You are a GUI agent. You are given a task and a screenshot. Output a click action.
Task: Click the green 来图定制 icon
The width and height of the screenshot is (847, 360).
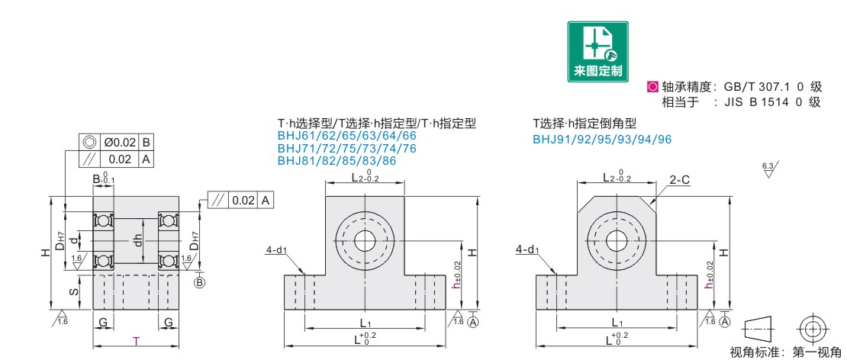(598, 52)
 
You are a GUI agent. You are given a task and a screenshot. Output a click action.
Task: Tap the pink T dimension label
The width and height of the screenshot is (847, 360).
(136, 341)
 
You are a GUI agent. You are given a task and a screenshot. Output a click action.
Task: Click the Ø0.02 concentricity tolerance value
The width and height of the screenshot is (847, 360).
(119, 143)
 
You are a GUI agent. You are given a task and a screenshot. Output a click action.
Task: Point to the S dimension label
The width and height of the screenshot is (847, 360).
(75, 291)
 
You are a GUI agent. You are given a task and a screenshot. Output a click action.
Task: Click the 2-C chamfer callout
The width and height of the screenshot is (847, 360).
(679, 181)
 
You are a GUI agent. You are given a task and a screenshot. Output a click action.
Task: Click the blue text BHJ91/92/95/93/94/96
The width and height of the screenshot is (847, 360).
(602, 140)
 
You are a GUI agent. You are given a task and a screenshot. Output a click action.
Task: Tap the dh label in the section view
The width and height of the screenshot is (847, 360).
(138, 241)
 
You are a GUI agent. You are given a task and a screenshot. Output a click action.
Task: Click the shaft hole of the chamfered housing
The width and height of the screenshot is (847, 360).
(615, 241)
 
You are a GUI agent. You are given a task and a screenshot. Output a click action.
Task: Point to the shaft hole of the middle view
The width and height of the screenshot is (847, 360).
(365, 241)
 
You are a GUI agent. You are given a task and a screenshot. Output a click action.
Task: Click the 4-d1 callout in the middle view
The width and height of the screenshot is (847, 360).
(275, 250)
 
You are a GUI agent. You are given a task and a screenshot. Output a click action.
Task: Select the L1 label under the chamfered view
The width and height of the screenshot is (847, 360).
(616, 322)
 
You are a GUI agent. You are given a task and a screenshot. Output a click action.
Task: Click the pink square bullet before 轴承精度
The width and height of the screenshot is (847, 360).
(652, 86)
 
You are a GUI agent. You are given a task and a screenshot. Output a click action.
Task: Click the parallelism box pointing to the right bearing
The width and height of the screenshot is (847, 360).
(241, 201)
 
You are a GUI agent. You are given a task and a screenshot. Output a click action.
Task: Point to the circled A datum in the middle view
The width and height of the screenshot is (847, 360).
(474, 322)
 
